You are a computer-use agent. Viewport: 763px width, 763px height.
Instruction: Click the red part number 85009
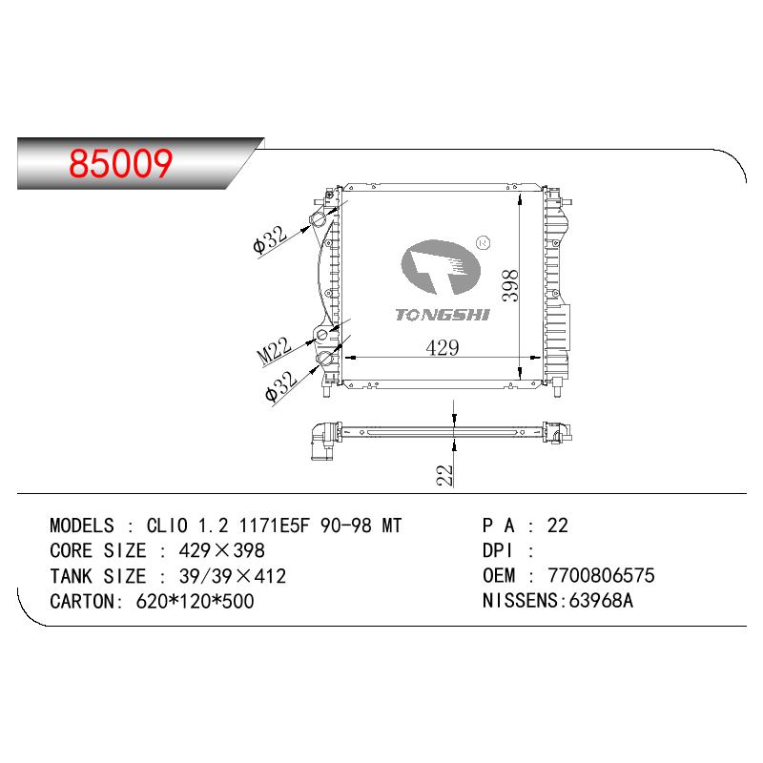tap(121, 163)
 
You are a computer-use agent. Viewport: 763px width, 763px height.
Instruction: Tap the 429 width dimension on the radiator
tap(442, 347)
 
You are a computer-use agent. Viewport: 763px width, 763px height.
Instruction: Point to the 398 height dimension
tap(510, 285)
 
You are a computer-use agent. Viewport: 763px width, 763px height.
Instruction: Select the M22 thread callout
tap(275, 351)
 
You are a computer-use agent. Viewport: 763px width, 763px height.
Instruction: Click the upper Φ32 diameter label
tap(271, 240)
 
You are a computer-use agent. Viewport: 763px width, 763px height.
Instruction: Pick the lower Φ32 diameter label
tap(281, 386)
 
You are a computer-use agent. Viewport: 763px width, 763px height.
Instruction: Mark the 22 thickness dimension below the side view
tap(444, 475)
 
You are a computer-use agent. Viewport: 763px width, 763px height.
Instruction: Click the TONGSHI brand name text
tap(442, 315)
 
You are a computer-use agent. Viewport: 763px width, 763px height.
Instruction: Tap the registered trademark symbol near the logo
tap(483, 242)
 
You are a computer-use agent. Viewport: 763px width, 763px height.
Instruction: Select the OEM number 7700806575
tap(601, 576)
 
